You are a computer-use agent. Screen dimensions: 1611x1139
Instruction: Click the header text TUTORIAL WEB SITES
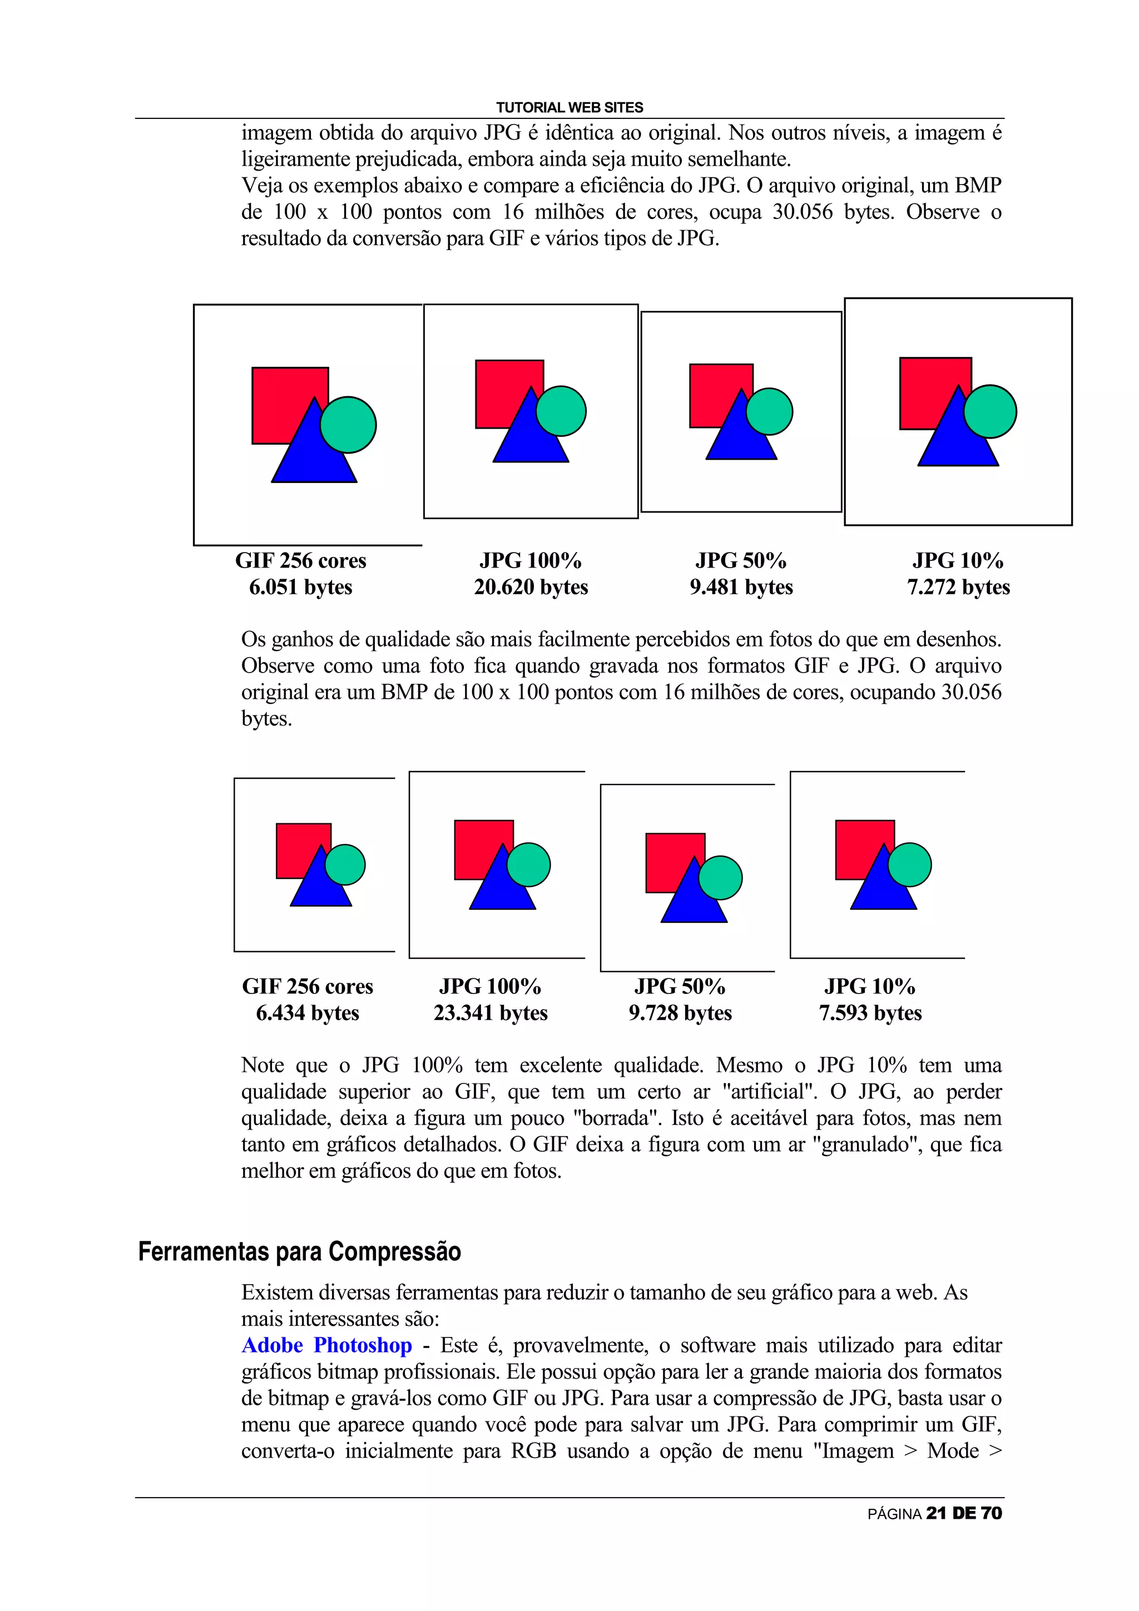click(569, 107)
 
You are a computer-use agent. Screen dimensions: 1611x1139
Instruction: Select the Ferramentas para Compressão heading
click(299, 1252)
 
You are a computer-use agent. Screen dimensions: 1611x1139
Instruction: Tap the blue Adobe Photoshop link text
click(326, 1345)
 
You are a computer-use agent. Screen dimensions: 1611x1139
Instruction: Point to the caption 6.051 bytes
click(300, 586)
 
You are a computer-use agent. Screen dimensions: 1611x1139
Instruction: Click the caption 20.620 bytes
click(531, 586)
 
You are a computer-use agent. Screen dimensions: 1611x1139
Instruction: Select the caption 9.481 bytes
click(741, 586)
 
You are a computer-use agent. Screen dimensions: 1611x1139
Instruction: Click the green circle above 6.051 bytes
click(349, 425)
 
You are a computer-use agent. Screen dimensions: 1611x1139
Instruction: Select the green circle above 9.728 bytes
click(721, 878)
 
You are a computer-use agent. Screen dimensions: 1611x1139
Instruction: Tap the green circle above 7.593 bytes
click(910, 864)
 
